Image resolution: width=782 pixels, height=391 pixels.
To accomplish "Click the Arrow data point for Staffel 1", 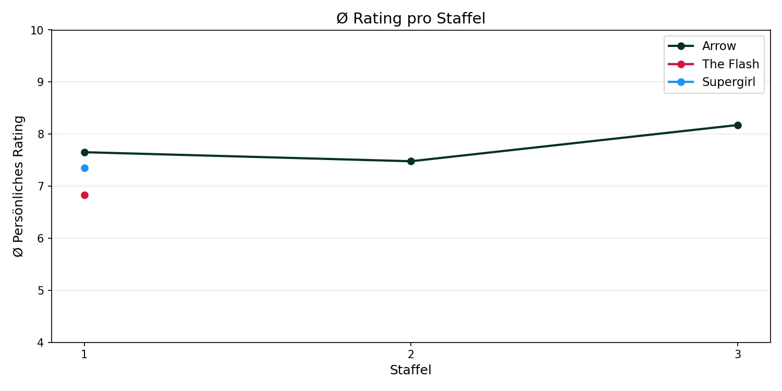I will (84, 152).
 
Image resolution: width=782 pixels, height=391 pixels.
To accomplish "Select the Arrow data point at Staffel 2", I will (411, 161).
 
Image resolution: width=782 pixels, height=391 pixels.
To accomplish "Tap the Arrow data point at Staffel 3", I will (738, 125).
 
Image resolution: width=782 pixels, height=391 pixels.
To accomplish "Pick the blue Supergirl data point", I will (84, 168).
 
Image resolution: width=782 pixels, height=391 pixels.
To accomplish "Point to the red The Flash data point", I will (84, 195).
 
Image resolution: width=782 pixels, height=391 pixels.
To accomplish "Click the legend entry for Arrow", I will (718, 46).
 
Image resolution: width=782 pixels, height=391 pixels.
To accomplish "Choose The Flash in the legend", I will (730, 64).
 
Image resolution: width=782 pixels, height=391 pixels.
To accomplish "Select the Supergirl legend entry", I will (728, 82).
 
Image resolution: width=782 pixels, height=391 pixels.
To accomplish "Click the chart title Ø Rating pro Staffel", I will (411, 19).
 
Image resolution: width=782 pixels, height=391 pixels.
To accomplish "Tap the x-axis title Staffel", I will (411, 370).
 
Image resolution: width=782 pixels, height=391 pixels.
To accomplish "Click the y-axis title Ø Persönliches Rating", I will (19, 186).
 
